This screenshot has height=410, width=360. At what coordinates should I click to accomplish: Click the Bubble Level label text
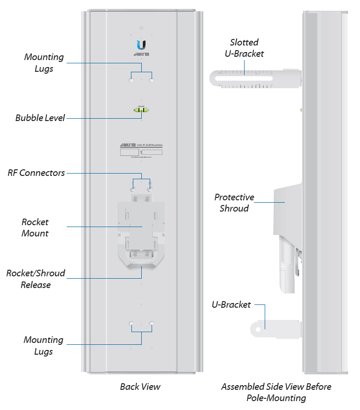point(40,118)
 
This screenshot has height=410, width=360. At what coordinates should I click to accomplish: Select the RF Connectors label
point(36,173)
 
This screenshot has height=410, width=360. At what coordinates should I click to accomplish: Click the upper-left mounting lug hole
point(131,81)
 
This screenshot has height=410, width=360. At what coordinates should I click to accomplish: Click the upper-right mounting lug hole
point(152,81)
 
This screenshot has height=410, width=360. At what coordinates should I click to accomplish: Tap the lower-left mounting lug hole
point(131,324)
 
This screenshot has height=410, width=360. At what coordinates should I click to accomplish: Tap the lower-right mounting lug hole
point(152,324)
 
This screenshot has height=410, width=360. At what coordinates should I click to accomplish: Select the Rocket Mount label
point(35,228)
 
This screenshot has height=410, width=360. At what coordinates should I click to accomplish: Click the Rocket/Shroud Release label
point(36,279)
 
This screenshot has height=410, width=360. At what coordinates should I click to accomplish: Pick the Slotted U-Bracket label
point(244,48)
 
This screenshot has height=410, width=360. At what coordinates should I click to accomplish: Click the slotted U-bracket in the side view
point(253,79)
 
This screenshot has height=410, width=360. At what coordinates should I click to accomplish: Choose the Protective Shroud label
point(234,203)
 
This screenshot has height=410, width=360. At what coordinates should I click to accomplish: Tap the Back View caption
point(140,387)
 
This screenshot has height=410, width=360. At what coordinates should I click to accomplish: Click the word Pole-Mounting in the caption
point(276,398)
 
